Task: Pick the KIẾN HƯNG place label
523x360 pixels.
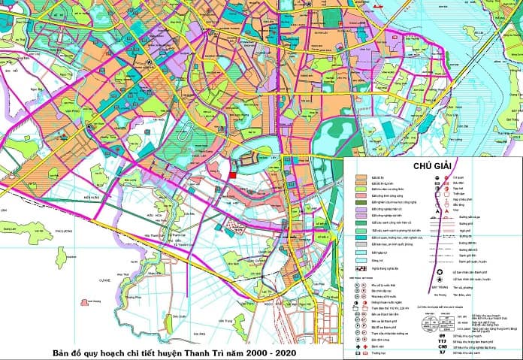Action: coord(92,196)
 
